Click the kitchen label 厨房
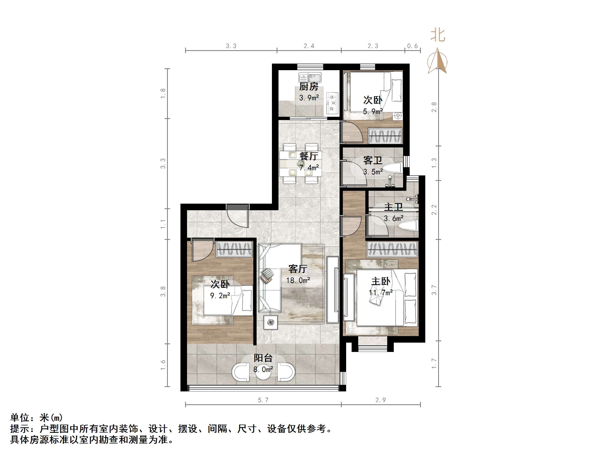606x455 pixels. (x=309, y=86)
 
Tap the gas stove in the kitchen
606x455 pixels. (x=333, y=103)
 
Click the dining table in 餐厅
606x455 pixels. (x=300, y=164)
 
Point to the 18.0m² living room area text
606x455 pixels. (x=298, y=280)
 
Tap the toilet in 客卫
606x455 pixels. (x=392, y=168)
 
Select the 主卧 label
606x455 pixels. (x=381, y=281)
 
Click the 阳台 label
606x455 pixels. (x=263, y=358)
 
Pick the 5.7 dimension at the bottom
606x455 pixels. (x=263, y=400)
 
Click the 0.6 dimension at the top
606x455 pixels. (x=412, y=46)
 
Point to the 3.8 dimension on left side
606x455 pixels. (x=163, y=291)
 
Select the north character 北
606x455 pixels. (x=438, y=35)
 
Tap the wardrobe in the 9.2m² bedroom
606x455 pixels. (x=234, y=249)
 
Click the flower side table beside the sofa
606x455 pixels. (x=271, y=322)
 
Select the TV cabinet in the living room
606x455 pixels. (x=333, y=290)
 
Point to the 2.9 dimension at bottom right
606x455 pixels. (x=381, y=400)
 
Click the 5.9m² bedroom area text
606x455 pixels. (x=373, y=112)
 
